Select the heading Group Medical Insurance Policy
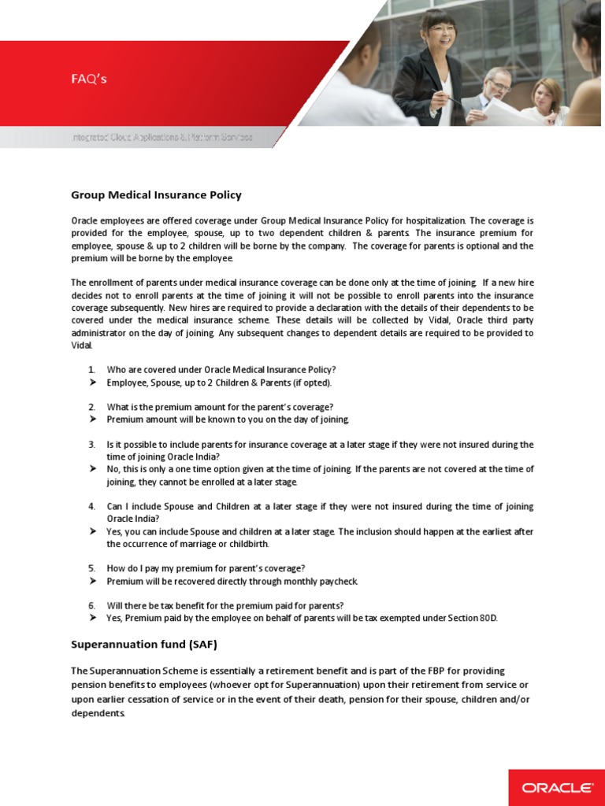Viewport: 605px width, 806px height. click(156, 194)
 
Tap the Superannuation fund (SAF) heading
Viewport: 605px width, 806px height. click(143, 644)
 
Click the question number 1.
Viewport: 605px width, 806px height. click(91, 369)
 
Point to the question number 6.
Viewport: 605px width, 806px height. click(91, 605)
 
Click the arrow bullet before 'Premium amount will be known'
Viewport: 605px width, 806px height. click(92, 420)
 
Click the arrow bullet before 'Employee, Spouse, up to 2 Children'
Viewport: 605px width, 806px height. click(92, 382)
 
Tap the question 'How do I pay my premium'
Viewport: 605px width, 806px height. click(206, 568)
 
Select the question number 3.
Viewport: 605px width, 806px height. click(91, 444)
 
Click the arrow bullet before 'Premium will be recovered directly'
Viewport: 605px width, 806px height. click(92, 581)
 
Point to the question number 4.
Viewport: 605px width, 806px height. click(91, 506)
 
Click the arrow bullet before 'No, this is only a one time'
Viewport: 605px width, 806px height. click(92, 469)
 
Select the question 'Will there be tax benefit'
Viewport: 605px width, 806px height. click(225, 605)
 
